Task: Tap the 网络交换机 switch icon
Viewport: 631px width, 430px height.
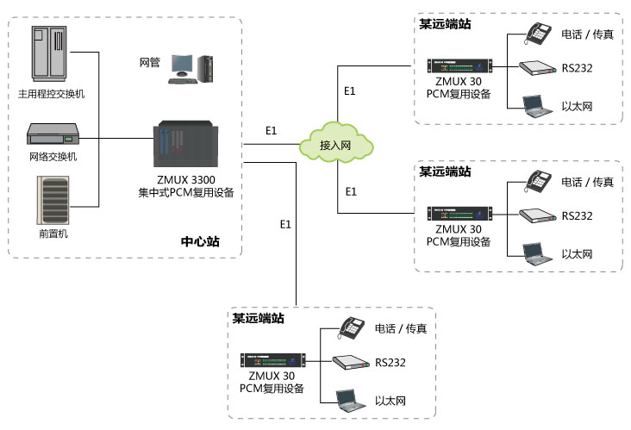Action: (x=54, y=135)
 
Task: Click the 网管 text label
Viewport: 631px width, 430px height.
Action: (x=150, y=63)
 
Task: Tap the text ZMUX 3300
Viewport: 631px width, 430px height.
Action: (x=185, y=180)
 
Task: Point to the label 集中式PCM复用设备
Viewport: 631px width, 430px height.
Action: (x=186, y=193)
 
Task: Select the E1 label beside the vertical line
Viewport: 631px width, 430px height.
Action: (x=286, y=224)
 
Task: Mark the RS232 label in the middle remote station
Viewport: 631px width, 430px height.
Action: (x=577, y=218)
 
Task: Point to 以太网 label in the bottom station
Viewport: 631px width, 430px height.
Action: (x=390, y=402)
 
